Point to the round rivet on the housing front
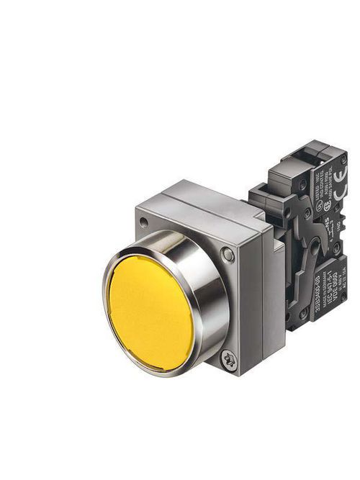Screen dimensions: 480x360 click(x=228, y=253)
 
